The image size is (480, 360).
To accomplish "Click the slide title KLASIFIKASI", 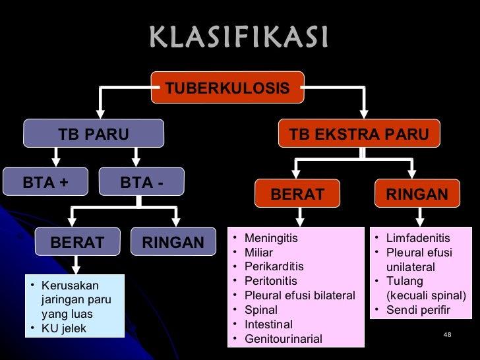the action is coord(239,38).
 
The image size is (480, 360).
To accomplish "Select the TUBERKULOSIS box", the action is coord(227,88).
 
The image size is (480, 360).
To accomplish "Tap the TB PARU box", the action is coord(93,135).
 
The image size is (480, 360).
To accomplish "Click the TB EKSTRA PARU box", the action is coord(359,135).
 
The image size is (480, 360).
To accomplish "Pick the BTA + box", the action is coord(45,183).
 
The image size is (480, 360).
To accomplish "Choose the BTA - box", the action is coord(142,183).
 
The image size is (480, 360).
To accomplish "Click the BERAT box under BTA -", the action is coord(77,243).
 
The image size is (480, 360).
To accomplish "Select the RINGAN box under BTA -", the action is coord(173,243).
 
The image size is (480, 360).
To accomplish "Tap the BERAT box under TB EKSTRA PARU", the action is coord(298,195).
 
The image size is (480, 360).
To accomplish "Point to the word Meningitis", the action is coord(270,238).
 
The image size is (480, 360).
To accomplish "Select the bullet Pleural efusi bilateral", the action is coord(299,295).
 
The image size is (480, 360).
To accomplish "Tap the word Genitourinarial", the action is coord(283,339).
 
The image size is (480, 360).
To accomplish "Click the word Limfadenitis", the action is coord(418,238).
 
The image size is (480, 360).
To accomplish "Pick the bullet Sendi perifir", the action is coord(418,310).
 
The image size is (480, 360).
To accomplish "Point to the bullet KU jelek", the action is coord(63,328).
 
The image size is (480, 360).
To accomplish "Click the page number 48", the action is coord(447,336).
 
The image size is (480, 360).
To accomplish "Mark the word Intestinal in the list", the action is coord(268,324).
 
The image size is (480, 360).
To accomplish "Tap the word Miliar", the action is coord(258,253).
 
